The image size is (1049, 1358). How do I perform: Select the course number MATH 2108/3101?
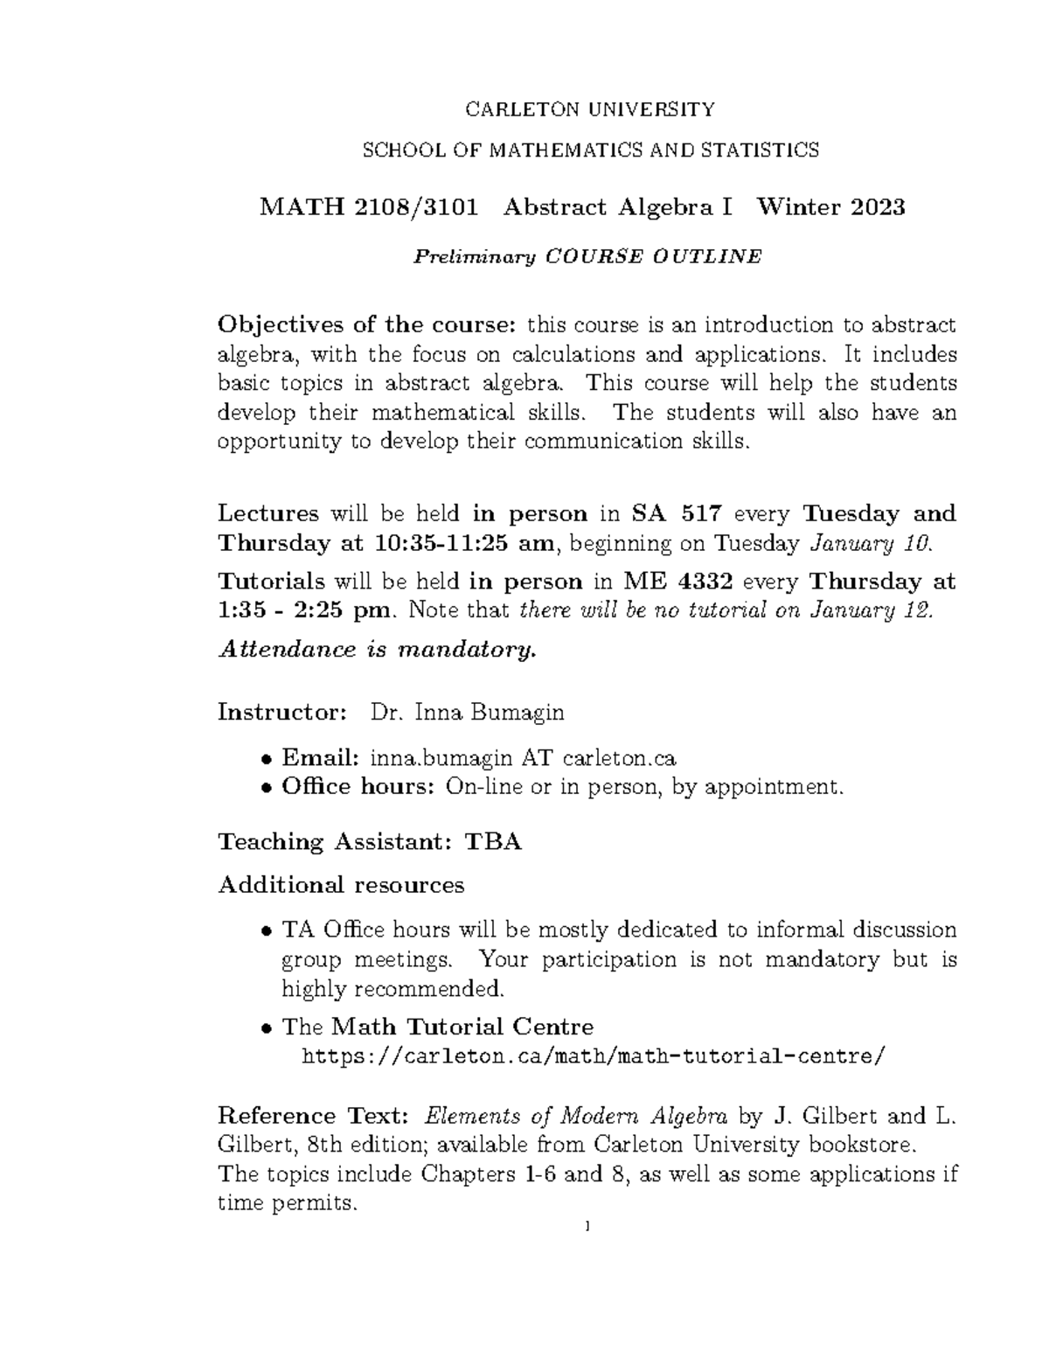(x=369, y=207)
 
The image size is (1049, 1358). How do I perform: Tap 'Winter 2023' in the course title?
(x=830, y=207)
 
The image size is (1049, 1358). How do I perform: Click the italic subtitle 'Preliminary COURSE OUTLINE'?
(x=587, y=256)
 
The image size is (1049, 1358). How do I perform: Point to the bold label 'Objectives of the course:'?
(x=367, y=325)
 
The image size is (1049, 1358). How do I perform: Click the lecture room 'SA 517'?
(x=672, y=513)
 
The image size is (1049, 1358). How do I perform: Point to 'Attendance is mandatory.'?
(x=376, y=650)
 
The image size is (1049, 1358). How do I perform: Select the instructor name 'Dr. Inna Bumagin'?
(x=468, y=713)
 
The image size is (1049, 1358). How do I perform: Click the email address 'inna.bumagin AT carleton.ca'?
(x=523, y=757)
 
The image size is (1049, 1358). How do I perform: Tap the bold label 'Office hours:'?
(x=358, y=787)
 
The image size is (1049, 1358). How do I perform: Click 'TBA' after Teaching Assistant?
(x=493, y=842)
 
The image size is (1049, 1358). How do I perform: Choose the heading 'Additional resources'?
(x=341, y=885)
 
